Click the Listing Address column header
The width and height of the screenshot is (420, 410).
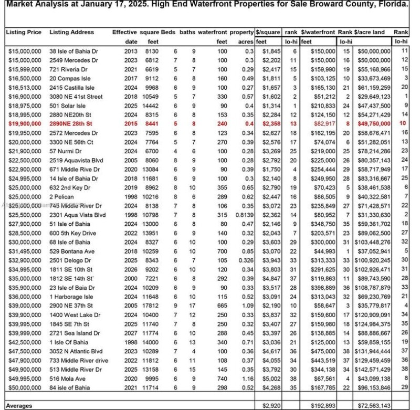tap(72, 32)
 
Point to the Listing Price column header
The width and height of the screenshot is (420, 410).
tap(24, 32)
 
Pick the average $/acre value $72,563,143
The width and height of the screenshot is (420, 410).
tap(373, 406)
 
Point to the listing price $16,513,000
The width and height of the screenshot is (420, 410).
tap(25, 87)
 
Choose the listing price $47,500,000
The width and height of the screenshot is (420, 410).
tap(25, 351)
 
